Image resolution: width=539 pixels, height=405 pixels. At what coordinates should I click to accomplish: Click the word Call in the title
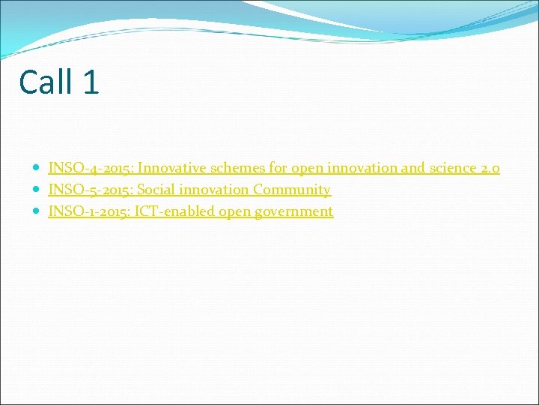tap(46, 82)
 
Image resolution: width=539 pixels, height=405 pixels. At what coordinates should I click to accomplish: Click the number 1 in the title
tap(91, 82)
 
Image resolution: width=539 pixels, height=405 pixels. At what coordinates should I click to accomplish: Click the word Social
tap(158, 190)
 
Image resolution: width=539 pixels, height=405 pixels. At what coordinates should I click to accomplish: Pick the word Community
tap(291, 190)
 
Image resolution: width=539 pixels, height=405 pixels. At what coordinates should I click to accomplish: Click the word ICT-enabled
tap(174, 211)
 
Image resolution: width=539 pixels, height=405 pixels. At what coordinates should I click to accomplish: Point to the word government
tap(293, 211)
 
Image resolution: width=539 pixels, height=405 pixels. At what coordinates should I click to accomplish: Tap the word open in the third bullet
tap(234, 211)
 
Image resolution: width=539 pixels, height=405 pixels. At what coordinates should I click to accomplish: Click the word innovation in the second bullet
tap(215, 190)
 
